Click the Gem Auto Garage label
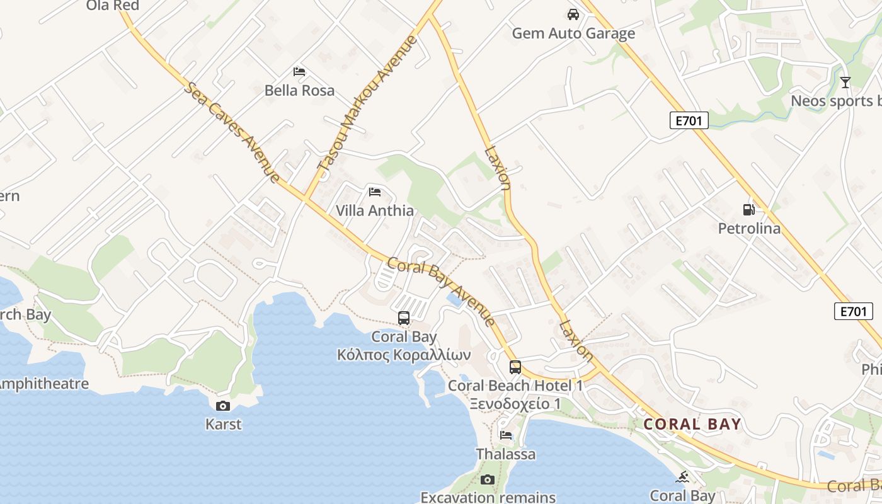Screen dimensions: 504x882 point(573,33)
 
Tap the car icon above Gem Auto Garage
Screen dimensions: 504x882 point(573,14)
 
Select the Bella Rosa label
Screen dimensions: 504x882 point(299,90)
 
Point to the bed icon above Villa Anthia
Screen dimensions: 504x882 point(375,192)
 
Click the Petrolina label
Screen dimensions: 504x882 point(749,228)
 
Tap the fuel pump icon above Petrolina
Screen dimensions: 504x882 point(749,209)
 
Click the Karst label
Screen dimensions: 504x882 point(224,424)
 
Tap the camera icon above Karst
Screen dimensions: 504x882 point(223,406)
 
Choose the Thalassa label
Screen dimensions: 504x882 point(506,454)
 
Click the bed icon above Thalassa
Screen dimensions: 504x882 point(506,435)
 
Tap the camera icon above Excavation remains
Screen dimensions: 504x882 point(488,480)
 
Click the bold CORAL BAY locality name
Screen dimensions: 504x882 point(692,424)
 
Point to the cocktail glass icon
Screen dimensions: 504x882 point(845,82)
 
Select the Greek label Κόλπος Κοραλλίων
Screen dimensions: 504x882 point(404,355)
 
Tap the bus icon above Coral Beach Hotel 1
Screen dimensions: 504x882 point(515,367)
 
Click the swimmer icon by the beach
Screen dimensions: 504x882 point(683,477)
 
